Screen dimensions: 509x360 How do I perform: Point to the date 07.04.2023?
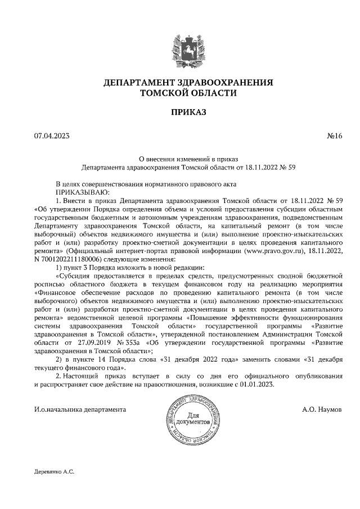pyautogui.click(x=49, y=136)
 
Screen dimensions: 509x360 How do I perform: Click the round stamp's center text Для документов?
pyautogui.click(x=193, y=418)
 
